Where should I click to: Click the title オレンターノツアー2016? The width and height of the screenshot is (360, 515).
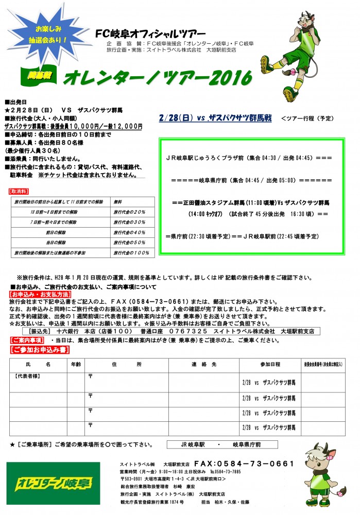(157, 78)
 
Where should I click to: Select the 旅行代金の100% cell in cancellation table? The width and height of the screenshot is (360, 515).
(130, 253)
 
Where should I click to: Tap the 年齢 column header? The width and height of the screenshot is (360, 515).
(75, 364)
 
